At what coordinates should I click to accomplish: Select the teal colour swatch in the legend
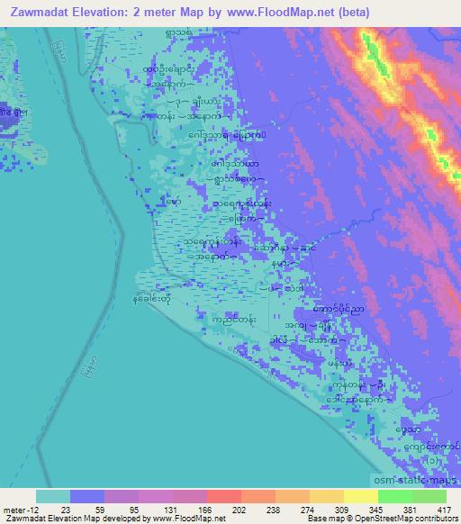pyautogui.click(x=53, y=495)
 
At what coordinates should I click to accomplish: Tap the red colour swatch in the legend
pyautogui.click(x=223, y=495)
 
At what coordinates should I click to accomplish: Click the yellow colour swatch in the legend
pyautogui.click(x=360, y=495)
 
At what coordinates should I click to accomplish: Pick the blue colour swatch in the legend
pyautogui.click(x=87, y=495)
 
